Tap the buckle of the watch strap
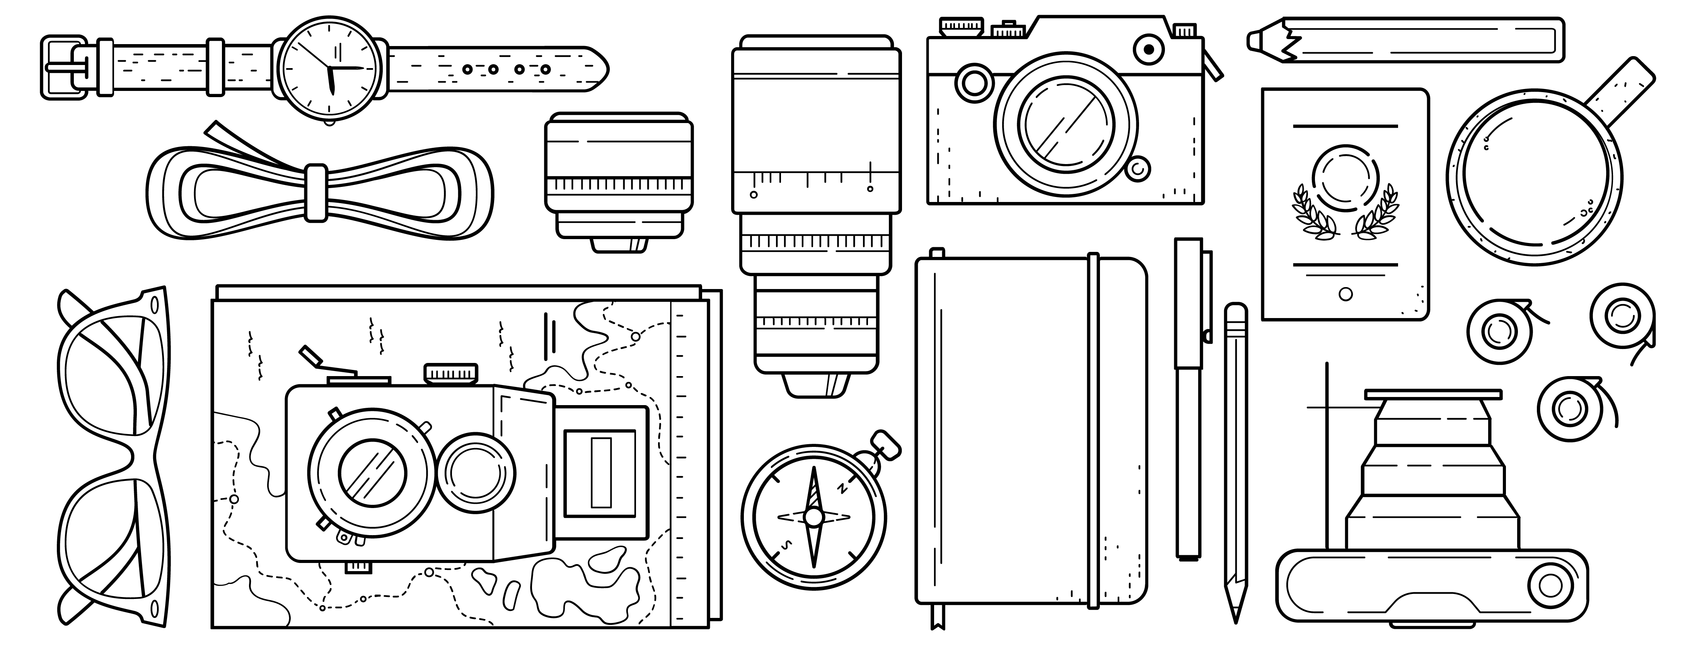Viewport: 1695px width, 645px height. click(65, 68)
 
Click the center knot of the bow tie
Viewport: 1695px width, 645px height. click(317, 192)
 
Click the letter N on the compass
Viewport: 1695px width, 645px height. click(841, 489)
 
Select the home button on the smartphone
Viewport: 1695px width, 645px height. click(1345, 294)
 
